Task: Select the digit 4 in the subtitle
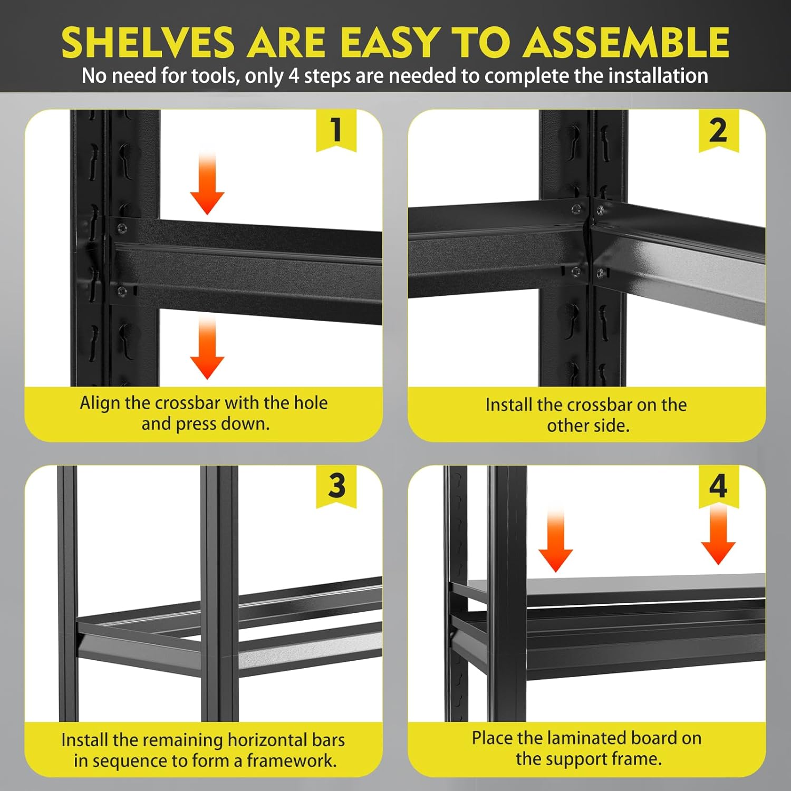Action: pos(294,76)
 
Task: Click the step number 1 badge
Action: pos(336,130)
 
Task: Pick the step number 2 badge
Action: pos(718,130)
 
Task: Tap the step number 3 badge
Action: pos(336,486)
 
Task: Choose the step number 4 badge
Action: pos(718,486)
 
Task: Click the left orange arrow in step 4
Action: pos(555,541)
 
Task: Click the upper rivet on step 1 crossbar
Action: pos(122,228)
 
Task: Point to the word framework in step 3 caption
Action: pos(292,760)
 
